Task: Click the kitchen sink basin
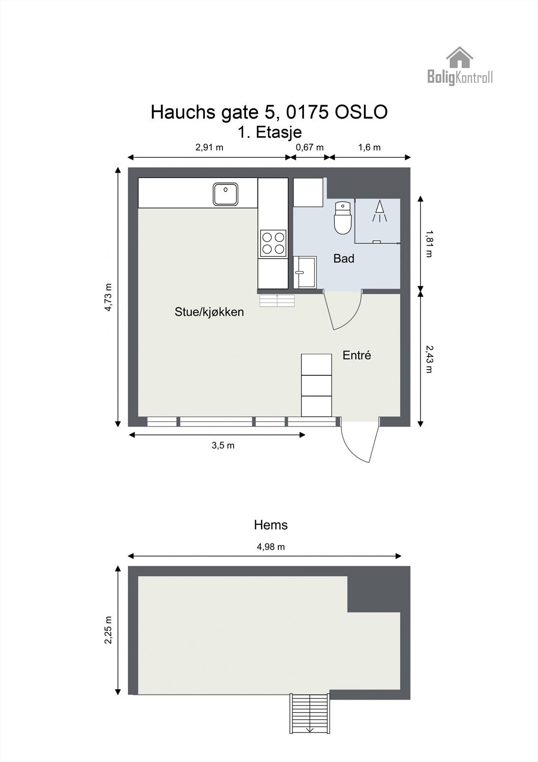point(225,194)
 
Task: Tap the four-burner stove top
point(273,243)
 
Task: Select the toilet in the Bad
point(342,218)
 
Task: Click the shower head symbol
point(379,211)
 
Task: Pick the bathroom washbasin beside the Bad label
point(305,272)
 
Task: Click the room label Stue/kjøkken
point(209,312)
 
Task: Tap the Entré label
point(356,355)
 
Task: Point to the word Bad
point(343,259)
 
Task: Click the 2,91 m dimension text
point(209,147)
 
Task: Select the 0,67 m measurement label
point(310,147)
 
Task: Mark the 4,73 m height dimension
point(108,297)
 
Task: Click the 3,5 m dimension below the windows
point(223,445)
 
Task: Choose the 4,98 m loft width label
point(271,547)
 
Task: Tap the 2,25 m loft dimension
point(108,630)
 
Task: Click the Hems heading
point(271,525)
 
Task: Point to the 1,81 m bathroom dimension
point(429,243)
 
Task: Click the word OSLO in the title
point(361,112)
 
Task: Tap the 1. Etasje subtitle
point(270,132)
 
